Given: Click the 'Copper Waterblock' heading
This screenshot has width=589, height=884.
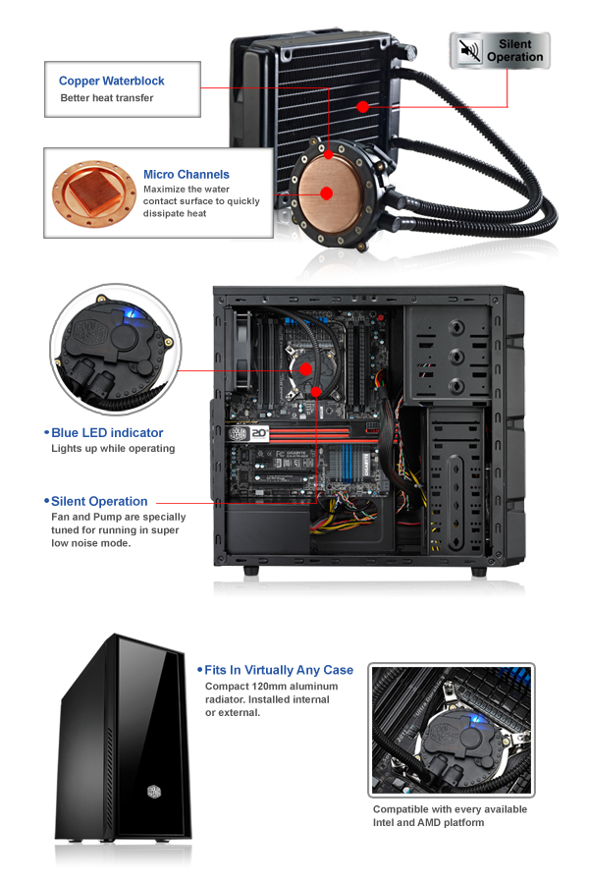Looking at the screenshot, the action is coord(112,81).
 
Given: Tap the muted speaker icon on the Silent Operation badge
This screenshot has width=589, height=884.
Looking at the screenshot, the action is coord(468,50).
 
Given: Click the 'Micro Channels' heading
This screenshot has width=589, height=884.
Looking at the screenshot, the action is coord(186,174).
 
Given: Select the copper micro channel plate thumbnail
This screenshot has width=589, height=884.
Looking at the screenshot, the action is coord(94,193).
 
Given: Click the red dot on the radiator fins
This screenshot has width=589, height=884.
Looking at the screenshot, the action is coord(363,106).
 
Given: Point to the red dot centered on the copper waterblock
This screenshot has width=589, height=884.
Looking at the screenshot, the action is coord(326,193).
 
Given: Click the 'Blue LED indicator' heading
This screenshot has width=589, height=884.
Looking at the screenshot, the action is coord(107,433).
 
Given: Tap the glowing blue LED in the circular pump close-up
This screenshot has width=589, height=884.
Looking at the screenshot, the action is coord(131,311).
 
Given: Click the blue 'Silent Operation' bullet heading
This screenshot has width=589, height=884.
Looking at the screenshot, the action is coord(99,501).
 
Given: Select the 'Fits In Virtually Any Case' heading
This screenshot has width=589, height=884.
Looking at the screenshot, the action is coord(279,670).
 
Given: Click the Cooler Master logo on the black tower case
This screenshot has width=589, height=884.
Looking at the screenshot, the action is coord(154,792).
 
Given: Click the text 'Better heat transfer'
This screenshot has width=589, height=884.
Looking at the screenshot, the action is coord(107,98).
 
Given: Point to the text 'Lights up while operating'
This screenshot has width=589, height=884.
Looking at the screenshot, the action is coord(113,448).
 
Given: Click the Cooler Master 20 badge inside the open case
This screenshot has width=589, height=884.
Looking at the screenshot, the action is coord(248,433).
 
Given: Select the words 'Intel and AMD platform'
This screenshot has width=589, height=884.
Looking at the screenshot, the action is coord(428,822).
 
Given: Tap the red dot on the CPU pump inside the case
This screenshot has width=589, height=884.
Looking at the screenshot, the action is coord(305,369).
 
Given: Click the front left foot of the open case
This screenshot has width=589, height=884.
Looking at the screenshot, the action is coord(251,571).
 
